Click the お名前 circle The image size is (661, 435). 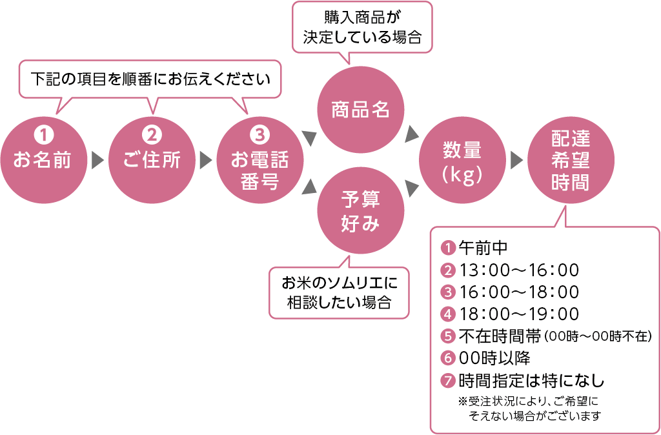click(x=43, y=158)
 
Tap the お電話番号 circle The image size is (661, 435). click(x=259, y=158)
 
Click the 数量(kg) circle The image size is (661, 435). click(x=462, y=158)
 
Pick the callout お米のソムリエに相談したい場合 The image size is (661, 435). click(x=339, y=292)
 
